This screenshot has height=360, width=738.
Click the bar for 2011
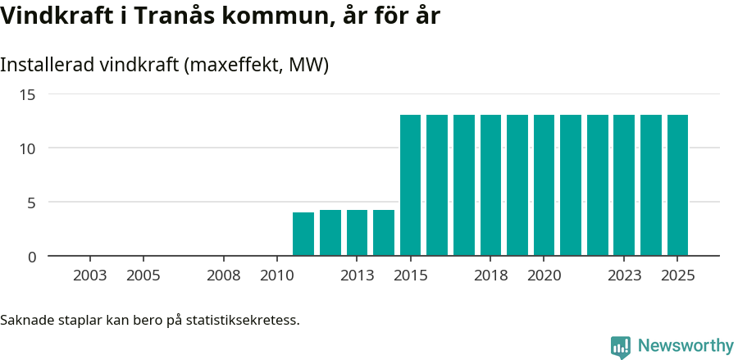tap(303, 234)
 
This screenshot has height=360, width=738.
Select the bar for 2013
tap(357, 233)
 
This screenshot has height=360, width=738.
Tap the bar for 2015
tap(410, 185)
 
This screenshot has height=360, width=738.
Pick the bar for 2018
tap(490, 185)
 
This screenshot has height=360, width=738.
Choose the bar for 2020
tap(544, 185)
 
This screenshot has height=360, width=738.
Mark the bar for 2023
tap(624, 185)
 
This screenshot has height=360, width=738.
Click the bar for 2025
tap(677, 185)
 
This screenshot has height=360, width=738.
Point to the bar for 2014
tap(384, 233)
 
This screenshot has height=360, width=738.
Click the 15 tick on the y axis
tap(28, 94)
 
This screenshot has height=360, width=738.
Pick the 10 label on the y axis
tap(28, 148)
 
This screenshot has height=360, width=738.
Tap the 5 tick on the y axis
tap(32, 203)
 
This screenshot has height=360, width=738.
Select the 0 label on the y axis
tap(32, 257)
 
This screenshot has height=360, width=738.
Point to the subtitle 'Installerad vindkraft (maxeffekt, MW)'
tap(164, 65)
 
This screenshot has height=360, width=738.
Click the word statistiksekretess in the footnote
tap(243, 319)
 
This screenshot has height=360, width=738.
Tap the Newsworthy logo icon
tap(621, 347)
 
